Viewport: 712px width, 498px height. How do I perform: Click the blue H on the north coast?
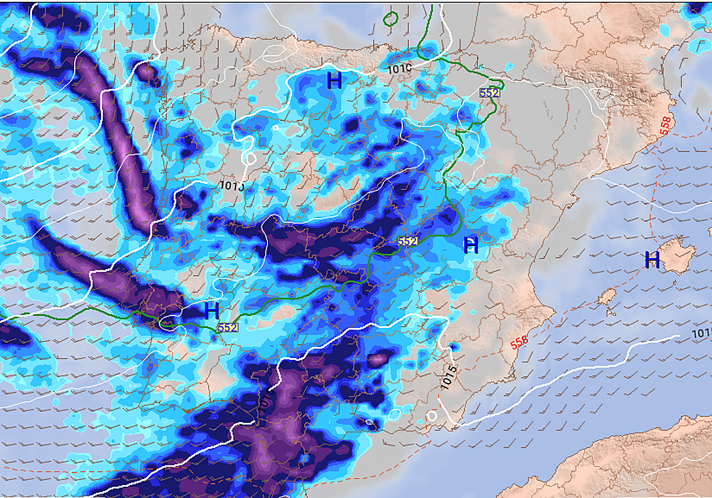(x=335, y=80)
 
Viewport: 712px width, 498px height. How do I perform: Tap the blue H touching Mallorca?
(x=652, y=260)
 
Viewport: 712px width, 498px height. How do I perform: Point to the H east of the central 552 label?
(x=470, y=245)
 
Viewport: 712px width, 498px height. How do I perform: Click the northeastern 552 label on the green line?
(x=490, y=92)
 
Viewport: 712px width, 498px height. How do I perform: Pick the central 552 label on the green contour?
(x=408, y=241)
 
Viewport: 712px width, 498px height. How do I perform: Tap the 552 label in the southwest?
(x=228, y=327)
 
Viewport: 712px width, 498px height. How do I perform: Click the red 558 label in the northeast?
(x=666, y=125)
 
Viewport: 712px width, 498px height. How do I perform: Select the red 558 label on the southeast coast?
(x=519, y=342)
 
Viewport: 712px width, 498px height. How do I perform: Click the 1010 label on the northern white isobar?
(x=400, y=68)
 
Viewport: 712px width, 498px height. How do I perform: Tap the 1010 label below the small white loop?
(x=232, y=185)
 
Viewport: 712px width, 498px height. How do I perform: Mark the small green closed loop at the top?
(x=390, y=19)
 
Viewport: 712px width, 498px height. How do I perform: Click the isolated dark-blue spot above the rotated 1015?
(x=454, y=346)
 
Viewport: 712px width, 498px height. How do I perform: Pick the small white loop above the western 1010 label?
(x=250, y=159)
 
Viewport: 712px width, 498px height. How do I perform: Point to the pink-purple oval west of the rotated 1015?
(x=378, y=359)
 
